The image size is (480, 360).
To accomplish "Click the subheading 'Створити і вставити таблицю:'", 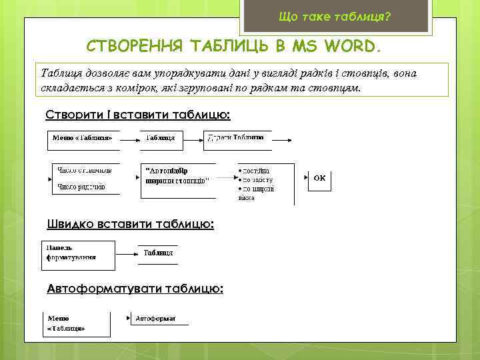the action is pos(138,115).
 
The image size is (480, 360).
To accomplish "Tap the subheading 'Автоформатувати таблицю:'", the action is pos(135,289).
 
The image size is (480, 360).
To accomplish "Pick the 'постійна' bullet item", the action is pos(255,171).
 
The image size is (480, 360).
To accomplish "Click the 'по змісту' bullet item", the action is pos(257,180).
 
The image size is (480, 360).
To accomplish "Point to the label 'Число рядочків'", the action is pos(82,187).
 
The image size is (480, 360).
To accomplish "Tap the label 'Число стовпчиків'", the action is pos(85,170).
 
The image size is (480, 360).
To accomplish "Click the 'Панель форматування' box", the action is pos(71,253).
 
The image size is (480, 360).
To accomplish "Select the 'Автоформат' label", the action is pos(155,319).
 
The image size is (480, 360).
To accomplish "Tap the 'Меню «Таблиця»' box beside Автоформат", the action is pos(67,323).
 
